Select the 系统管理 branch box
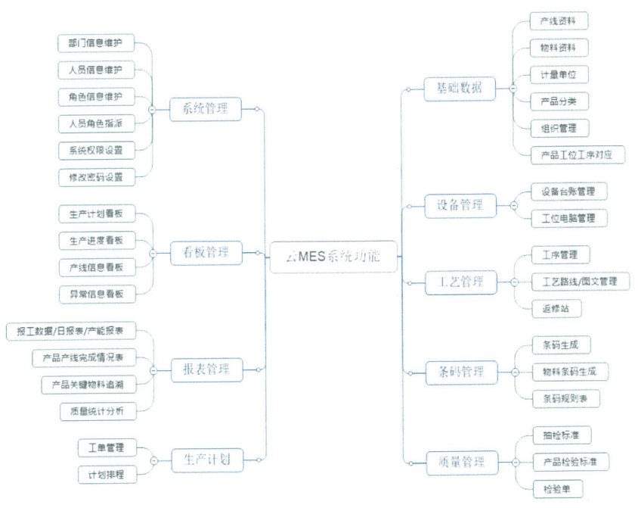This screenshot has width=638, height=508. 205,109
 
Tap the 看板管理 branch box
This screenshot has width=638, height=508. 205,252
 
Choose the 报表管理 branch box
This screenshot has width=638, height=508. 205,370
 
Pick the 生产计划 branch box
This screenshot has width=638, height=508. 205,459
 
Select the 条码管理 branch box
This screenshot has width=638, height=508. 459,372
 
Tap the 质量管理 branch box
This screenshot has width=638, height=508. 459,461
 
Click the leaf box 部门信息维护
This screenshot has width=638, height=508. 96,43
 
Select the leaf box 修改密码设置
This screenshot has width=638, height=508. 96,177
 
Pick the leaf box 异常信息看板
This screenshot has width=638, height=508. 96,294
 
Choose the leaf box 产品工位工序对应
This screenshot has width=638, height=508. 578,155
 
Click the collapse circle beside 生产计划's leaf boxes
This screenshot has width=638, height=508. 153,460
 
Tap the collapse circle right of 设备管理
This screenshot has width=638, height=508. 514,204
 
